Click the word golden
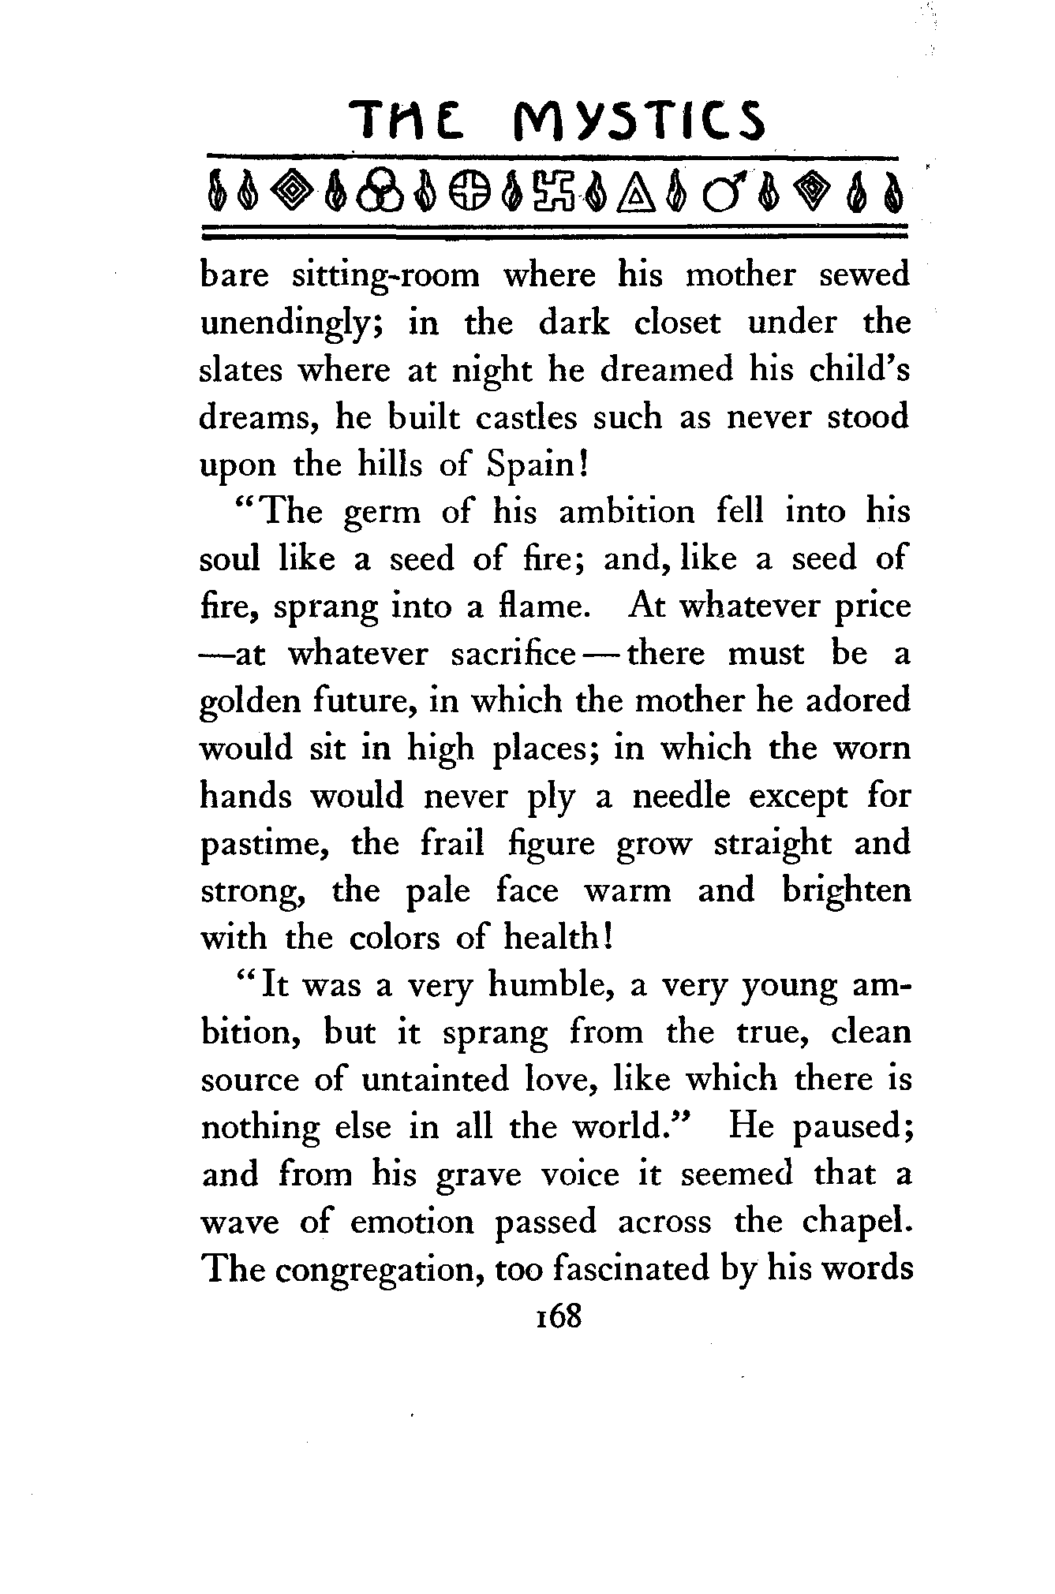[251, 701]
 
